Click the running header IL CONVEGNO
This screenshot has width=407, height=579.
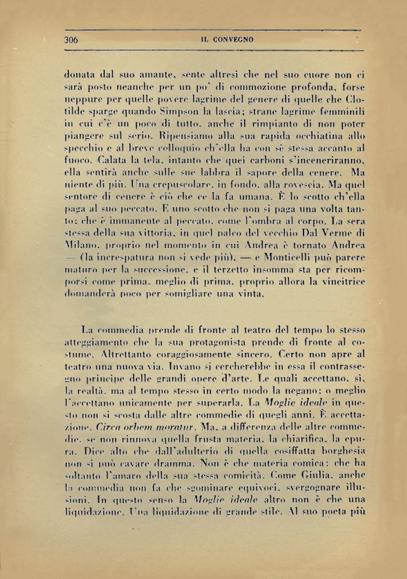coord(227,40)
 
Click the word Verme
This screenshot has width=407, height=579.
coord(338,233)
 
